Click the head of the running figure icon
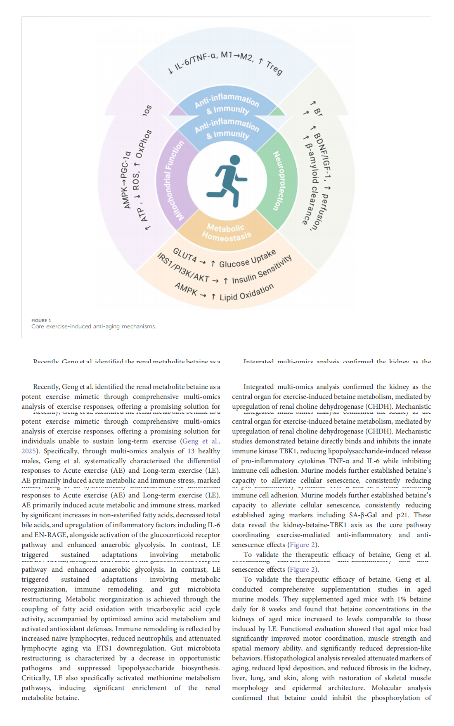[x=235, y=160]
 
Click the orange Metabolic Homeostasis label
[x=226, y=232]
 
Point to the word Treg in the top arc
[x=274, y=68]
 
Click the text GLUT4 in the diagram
[x=184, y=255]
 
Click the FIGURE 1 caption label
[x=41, y=321]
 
